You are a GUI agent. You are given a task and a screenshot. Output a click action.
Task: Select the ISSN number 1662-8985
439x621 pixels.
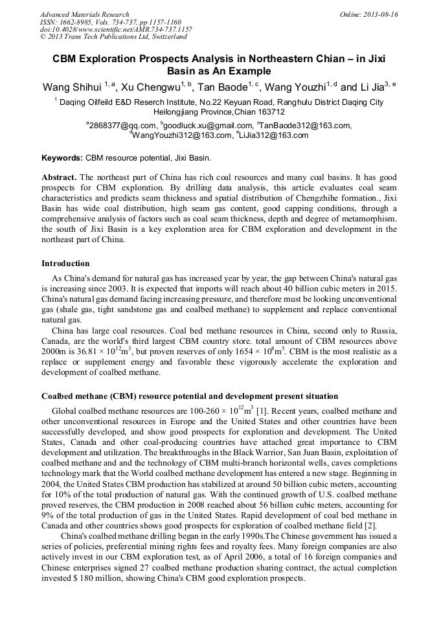(80, 22)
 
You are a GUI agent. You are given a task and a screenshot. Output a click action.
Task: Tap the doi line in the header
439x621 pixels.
(116, 30)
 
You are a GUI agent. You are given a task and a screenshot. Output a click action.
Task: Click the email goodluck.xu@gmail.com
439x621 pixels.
(208, 126)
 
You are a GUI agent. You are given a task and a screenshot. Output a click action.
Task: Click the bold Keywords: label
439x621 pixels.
(62, 158)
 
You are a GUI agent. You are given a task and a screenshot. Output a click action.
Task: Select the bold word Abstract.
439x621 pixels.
(59, 177)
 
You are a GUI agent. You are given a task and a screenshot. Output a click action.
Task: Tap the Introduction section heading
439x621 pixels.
(65, 264)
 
